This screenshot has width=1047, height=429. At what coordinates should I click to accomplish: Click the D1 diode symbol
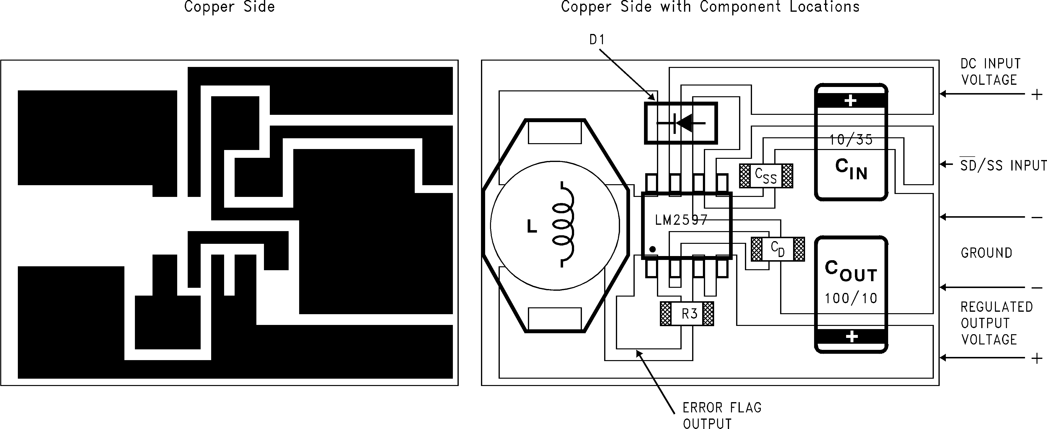click(x=681, y=123)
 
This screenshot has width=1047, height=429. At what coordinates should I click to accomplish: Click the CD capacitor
click(x=777, y=249)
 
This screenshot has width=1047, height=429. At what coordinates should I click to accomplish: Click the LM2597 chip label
click(x=681, y=220)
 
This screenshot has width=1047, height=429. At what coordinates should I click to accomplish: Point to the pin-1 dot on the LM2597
click(x=652, y=249)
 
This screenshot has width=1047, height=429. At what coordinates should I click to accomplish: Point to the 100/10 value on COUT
click(x=851, y=299)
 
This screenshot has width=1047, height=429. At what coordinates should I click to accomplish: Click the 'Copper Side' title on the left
click(x=229, y=7)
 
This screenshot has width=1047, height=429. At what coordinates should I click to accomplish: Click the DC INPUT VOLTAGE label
click(x=990, y=72)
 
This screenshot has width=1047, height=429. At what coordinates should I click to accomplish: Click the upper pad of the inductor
click(x=554, y=133)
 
